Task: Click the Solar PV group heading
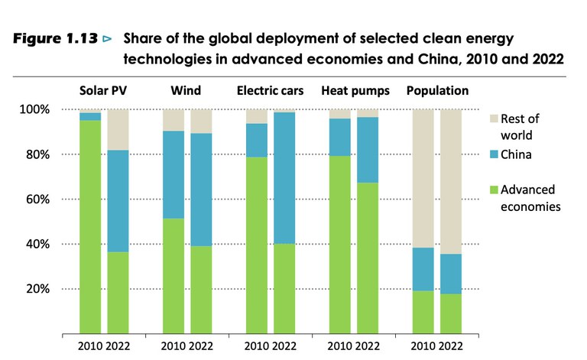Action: [x=104, y=91]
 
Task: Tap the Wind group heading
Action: [x=186, y=91]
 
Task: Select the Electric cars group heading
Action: [x=270, y=91]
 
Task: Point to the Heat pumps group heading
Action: [x=355, y=91]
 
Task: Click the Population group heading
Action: [x=437, y=91]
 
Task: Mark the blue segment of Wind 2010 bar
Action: [x=174, y=175]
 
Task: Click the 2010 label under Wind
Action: [x=173, y=345]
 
